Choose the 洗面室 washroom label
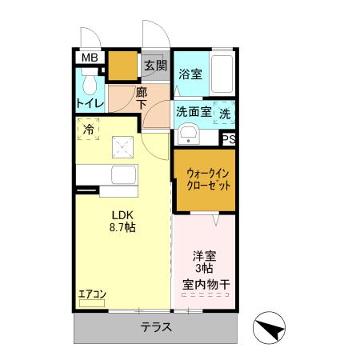(194, 112)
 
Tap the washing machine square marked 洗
(225, 113)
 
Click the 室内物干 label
(205, 284)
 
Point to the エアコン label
(92, 294)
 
